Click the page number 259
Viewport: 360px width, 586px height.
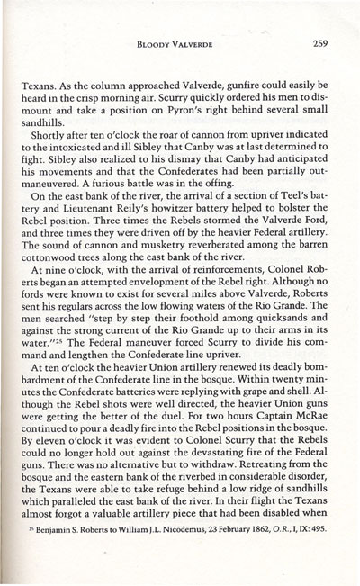point(315,41)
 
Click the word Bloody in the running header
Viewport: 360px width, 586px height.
point(156,41)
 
